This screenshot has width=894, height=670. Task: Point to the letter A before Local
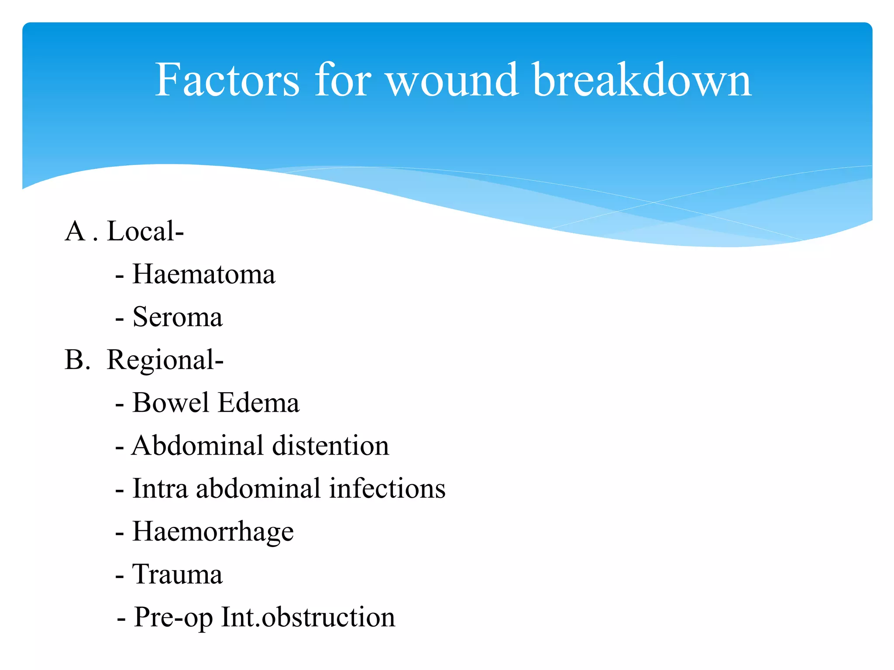point(75,231)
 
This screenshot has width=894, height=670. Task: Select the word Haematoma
point(204,274)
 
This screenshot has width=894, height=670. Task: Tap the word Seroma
point(177,317)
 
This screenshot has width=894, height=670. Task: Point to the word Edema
point(258,403)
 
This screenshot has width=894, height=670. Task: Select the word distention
point(330,446)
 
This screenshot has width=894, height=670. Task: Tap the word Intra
point(160,489)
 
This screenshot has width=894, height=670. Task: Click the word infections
point(387,489)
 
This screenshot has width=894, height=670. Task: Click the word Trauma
point(177,574)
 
